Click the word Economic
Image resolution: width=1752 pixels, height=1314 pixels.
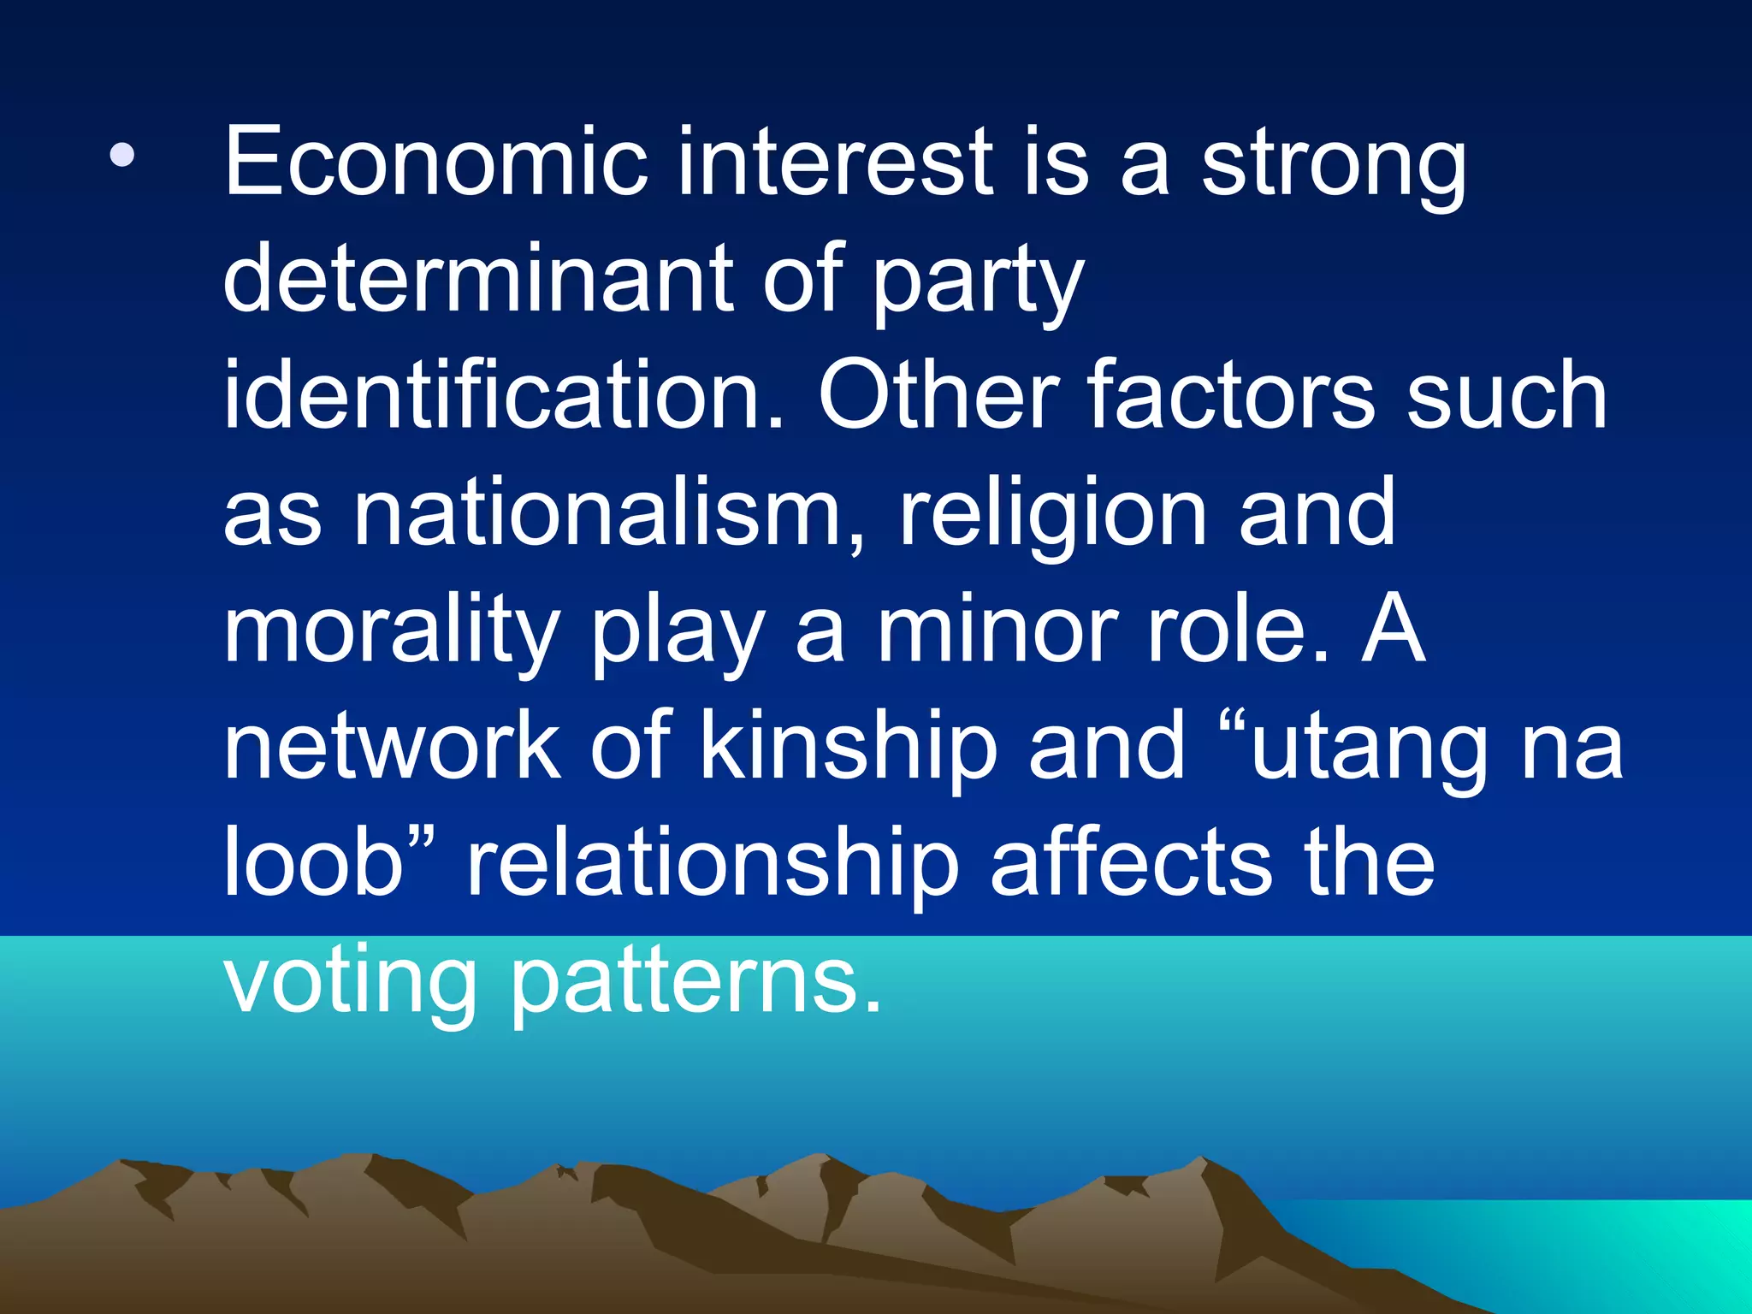(x=435, y=163)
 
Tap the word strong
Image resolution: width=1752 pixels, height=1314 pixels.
(x=1334, y=167)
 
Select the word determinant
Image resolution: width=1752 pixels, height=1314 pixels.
(x=476, y=278)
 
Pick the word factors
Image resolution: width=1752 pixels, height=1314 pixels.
(x=1232, y=395)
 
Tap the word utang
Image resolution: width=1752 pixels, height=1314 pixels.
(x=1368, y=753)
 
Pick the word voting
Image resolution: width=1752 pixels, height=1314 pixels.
(x=350, y=984)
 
